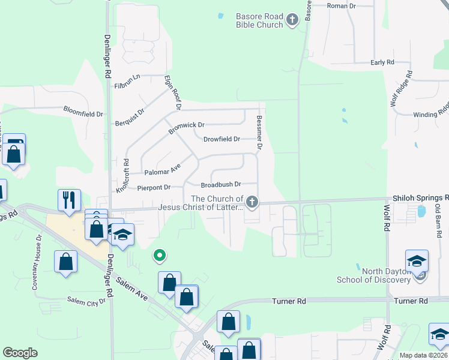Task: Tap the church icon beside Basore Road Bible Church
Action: (x=292, y=20)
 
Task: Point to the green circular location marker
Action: (x=159, y=256)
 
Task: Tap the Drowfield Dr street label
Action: (x=221, y=139)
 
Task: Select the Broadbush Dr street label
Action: (x=220, y=185)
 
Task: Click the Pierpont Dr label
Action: (x=154, y=188)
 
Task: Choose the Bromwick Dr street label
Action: (x=187, y=125)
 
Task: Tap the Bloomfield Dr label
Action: (x=83, y=112)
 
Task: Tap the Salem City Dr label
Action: (x=86, y=301)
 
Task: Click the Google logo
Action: (x=20, y=352)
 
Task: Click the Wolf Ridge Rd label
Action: (x=401, y=88)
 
